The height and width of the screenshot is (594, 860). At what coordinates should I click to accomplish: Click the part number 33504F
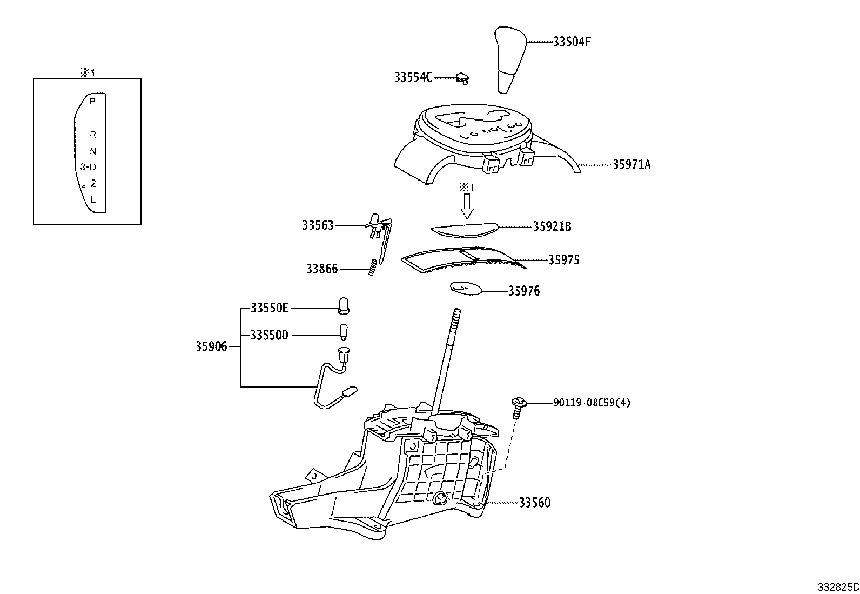tap(572, 42)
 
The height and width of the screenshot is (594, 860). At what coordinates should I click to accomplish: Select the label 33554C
tap(413, 77)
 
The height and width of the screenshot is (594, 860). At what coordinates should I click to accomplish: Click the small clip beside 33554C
tap(462, 79)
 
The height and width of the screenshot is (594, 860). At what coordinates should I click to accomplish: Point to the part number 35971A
tap(631, 165)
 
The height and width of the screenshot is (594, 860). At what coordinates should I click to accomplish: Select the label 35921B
tap(552, 227)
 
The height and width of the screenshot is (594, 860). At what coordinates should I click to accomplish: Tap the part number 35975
tap(563, 260)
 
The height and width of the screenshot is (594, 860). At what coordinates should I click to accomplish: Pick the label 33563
tap(318, 225)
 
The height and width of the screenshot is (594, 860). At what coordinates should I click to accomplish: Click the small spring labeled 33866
tap(372, 267)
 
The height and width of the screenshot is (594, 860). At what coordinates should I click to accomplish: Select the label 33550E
tap(269, 308)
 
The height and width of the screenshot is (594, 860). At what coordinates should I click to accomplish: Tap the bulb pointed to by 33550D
tap(344, 331)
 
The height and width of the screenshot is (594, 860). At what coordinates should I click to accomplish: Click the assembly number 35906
tap(211, 346)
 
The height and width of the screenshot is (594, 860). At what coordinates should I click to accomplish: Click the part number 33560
tap(534, 503)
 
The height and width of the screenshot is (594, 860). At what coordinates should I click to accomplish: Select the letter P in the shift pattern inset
tap(92, 101)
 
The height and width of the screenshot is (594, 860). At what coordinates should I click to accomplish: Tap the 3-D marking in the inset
tap(88, 167)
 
